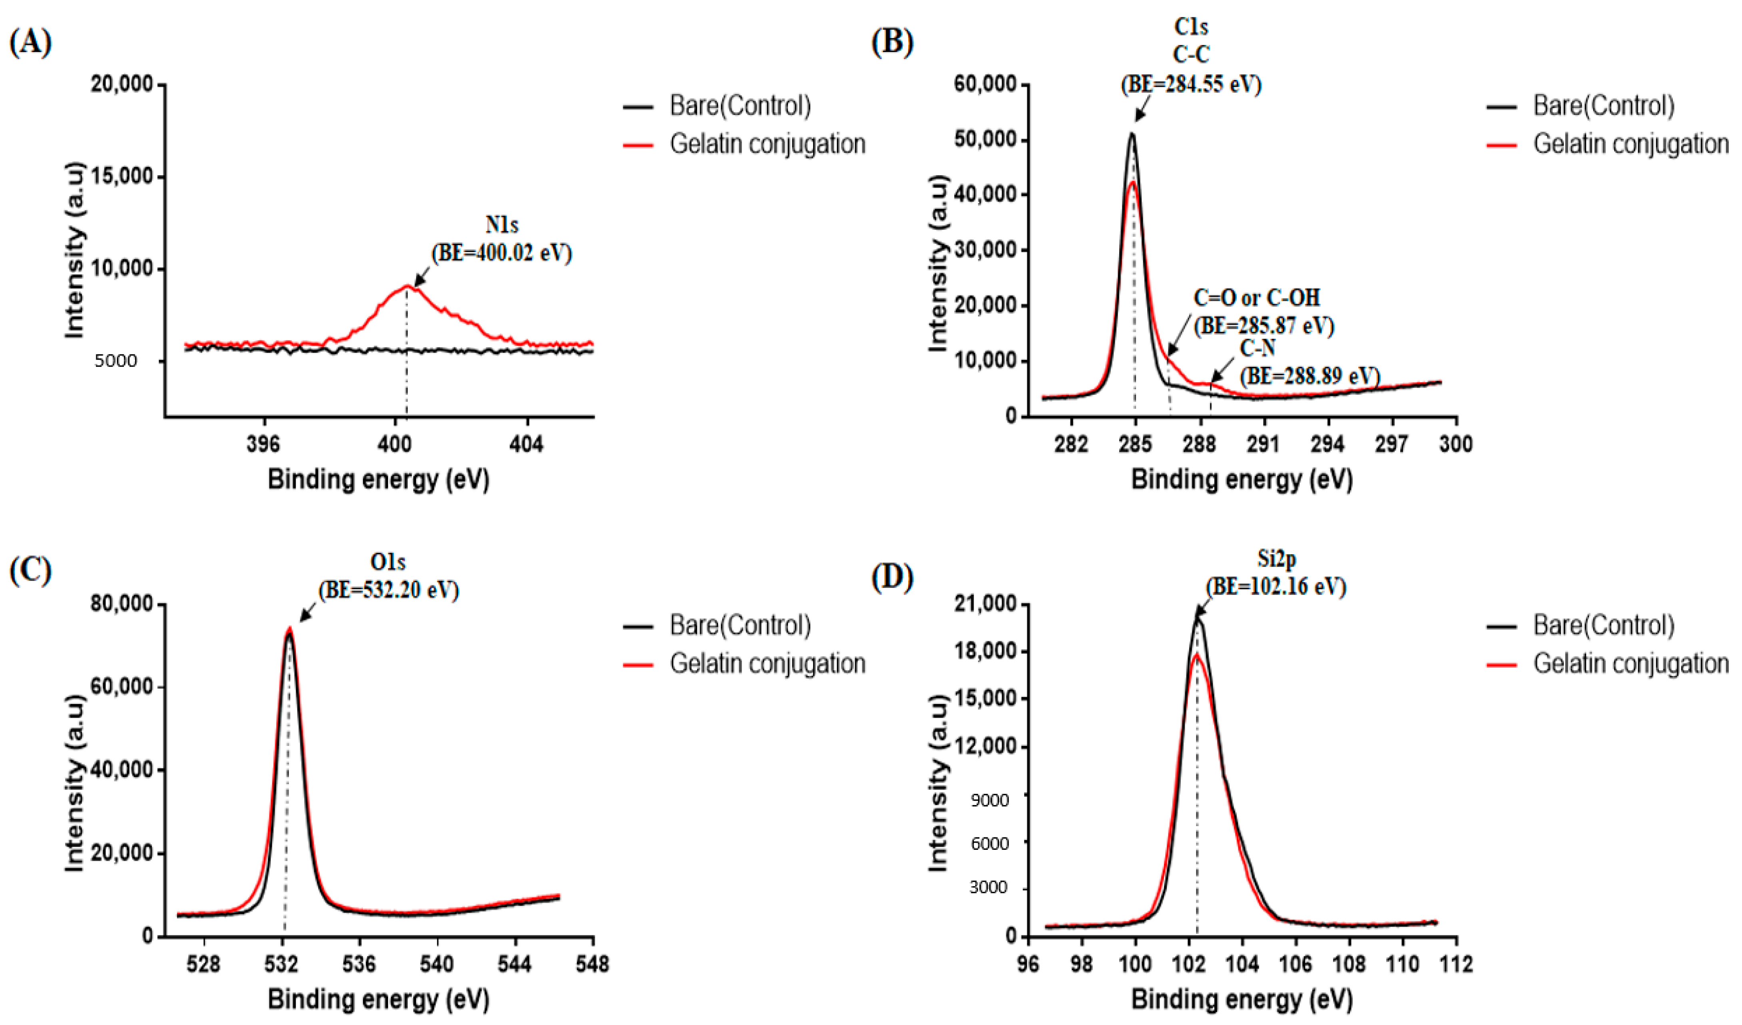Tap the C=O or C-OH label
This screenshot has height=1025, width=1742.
1257,298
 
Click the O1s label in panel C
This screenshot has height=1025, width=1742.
387,563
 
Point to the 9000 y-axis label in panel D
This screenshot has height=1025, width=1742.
989,800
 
